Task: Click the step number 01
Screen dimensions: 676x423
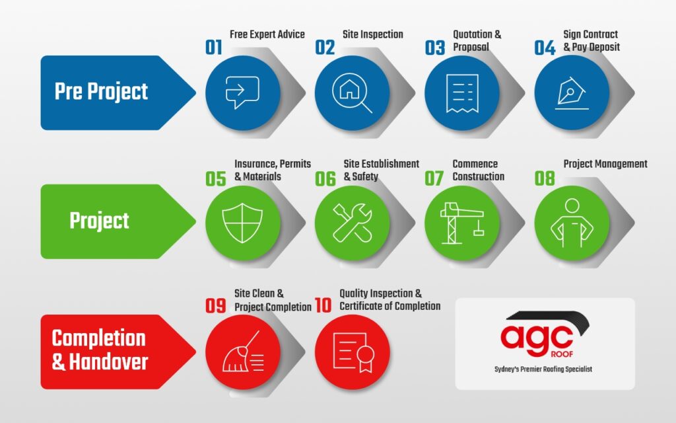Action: click(214, 47)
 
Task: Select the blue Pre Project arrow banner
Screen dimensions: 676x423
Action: click(118, 93)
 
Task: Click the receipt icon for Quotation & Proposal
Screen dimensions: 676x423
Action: click(462, 93)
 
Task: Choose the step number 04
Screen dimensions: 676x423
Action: click(545, 48)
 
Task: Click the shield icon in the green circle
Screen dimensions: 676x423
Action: click(242, 223)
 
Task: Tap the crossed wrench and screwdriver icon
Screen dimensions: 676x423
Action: click(353, 223)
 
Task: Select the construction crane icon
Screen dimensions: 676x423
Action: click(462, 223)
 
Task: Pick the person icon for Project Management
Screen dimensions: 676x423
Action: click(572, 223)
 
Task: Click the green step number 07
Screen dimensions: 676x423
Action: click(434, 178)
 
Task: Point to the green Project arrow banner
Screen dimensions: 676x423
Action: click(118, 221)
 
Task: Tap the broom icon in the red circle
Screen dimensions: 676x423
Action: click(243, 352)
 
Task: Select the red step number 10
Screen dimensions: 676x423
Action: click(323, 305)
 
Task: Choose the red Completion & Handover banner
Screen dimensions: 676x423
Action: click(118, 352)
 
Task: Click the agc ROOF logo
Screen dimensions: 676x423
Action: click(545, 334)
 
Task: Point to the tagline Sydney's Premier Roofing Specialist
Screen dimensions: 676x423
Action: click(543, 369)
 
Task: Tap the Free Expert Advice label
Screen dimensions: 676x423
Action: click(267, 34)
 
